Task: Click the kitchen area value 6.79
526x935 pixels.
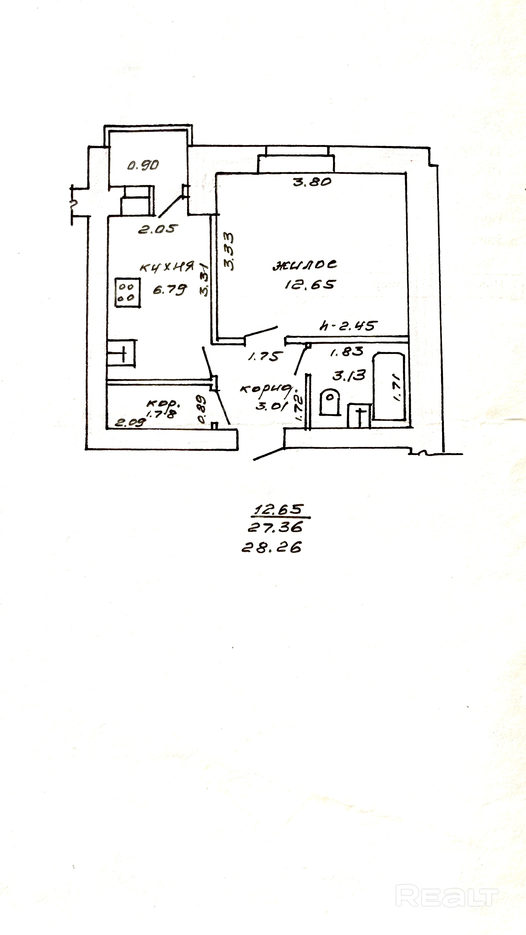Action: [x=170, y=290]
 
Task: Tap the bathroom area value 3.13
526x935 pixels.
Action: [x=349, y=375]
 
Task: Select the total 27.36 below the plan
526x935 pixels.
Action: [x=275, y=527]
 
